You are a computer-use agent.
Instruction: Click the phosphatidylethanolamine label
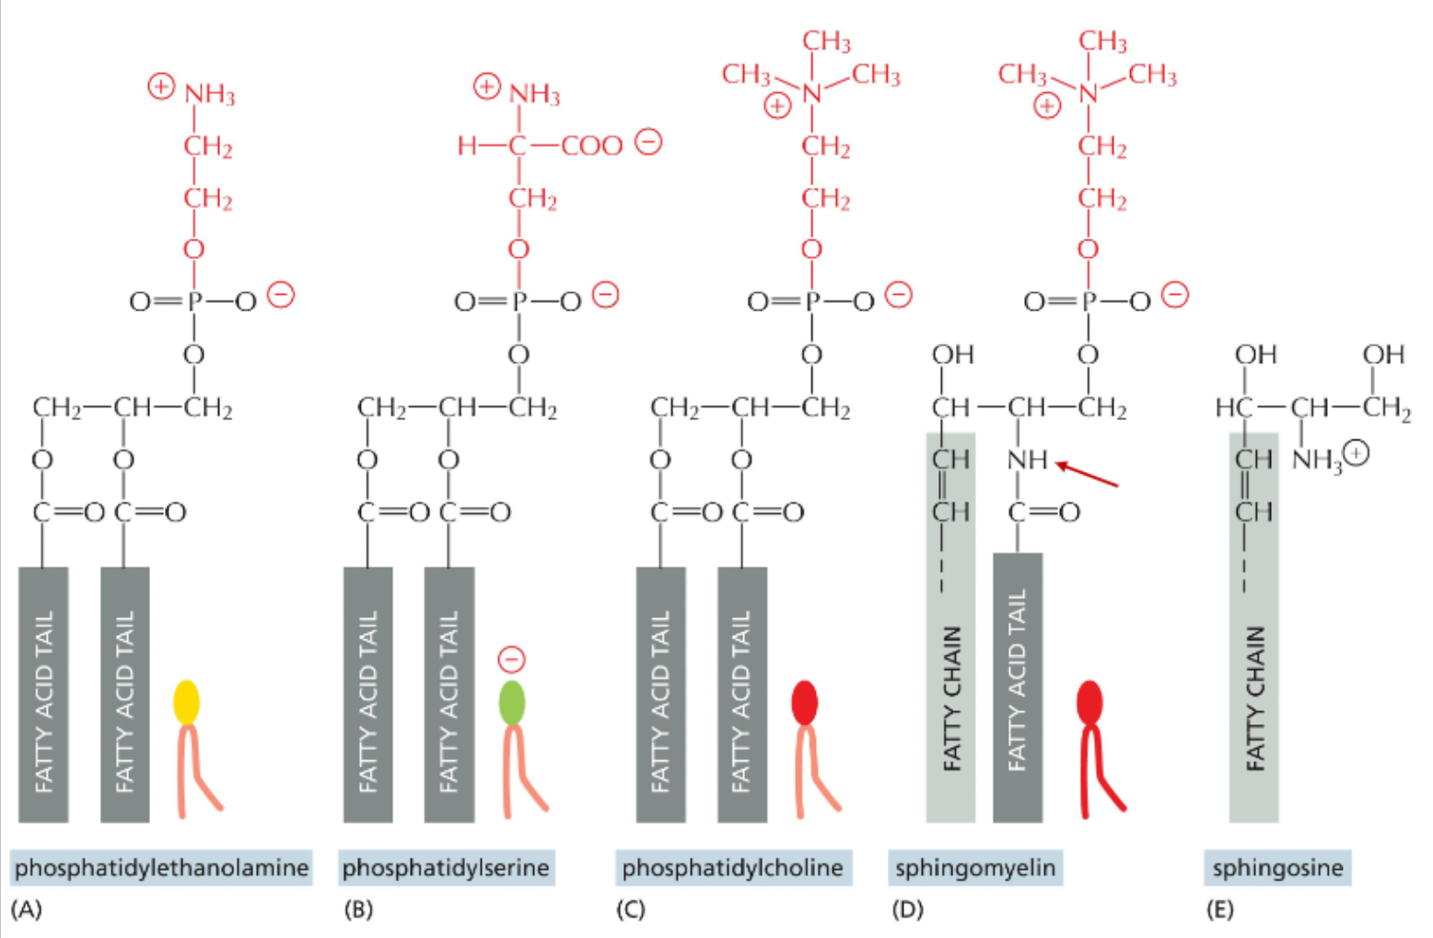[x=161, y=867]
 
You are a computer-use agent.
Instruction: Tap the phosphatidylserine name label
[x=446, y=867]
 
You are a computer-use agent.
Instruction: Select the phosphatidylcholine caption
[x=732, y=867]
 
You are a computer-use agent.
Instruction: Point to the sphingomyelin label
[x=975, y=867]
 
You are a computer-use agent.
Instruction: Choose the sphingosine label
[x=1276, y=867]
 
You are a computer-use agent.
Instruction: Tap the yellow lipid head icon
[x=187, y=702]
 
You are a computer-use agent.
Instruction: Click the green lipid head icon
[x=511, y=702]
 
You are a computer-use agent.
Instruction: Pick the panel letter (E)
[x=1219, y=910]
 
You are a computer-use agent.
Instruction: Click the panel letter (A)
[x=27, y=910]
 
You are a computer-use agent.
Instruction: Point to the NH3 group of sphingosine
[x=1318, y=459]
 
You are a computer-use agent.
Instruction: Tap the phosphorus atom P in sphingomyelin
[x=1089, y=301]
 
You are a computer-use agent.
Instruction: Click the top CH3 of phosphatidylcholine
[x=826, y=41]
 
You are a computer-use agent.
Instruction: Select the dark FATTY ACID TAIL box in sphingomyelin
[x=1018, y=686]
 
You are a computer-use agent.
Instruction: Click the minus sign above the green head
[x=511, y=659]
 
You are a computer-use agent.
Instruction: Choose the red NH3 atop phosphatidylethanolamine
[x=210, y=95]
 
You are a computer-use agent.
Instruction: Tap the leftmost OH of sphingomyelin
[x=952, y=355]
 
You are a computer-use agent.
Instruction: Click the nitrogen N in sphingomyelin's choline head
[x=1089, y=92]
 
